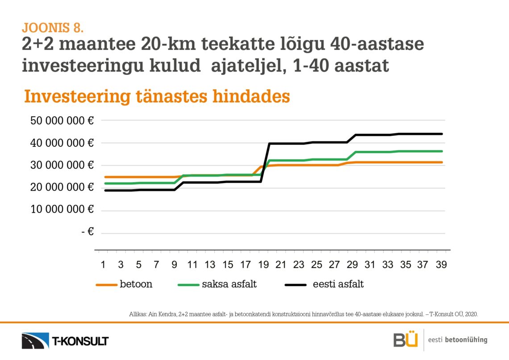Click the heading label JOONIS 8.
(53, 28)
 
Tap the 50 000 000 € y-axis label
(62, 121)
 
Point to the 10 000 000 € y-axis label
(62, 209)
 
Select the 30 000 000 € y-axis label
(62, 165)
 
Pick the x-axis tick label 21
(280, 265)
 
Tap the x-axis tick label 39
(441, 265)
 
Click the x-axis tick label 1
(103, 265)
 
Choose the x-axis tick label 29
(352, 265)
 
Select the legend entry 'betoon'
(136, 284)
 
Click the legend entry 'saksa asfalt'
(229, 284)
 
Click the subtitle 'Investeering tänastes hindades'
(157, 96)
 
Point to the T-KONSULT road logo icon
(35, 340)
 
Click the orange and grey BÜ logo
(405, 339)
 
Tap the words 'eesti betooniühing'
(457, 340)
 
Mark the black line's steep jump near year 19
(265, 163)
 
